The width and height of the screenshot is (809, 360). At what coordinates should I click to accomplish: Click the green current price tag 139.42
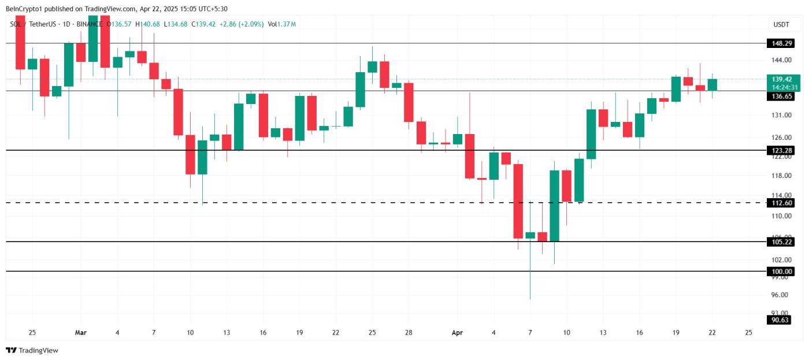(x=784, y=79)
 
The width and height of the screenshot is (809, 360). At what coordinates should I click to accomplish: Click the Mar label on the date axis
(x=81, y=333)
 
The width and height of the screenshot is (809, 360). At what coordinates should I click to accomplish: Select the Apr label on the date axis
(x=457, y=333)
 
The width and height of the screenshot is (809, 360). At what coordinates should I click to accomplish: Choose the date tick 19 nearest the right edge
(x=676, y=333)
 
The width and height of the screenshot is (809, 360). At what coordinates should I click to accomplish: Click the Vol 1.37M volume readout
(x=282, y=24)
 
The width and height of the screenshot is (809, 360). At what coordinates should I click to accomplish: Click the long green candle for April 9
(x=555, y=206)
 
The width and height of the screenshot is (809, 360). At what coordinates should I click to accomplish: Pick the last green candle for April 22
(x=712, y=84)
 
